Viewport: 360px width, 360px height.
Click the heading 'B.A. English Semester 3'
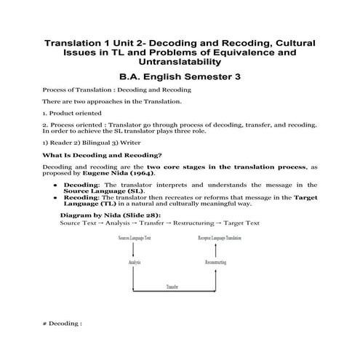point(179,75)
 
